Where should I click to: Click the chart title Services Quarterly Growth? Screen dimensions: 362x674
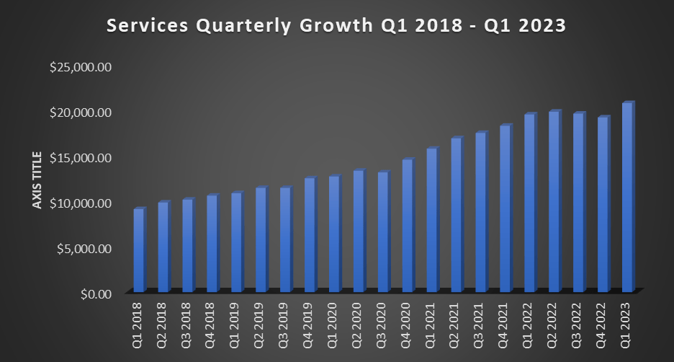point(336,26)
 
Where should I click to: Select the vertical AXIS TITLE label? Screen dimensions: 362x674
point(37,180)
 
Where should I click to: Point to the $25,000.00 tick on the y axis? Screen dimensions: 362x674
point(80,67)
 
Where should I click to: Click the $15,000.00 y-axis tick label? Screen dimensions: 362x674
point(80,158)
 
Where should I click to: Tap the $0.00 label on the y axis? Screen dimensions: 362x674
point(95,293)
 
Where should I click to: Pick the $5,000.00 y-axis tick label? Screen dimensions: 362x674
point(83,249)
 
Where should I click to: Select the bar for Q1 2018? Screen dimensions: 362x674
point(139,250)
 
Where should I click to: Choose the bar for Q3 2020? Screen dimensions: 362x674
point(384,231)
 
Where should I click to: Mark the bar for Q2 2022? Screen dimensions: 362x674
point(554,201)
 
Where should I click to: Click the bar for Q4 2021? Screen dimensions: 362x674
point(505,208)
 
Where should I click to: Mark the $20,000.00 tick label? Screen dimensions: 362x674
point(80,112)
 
